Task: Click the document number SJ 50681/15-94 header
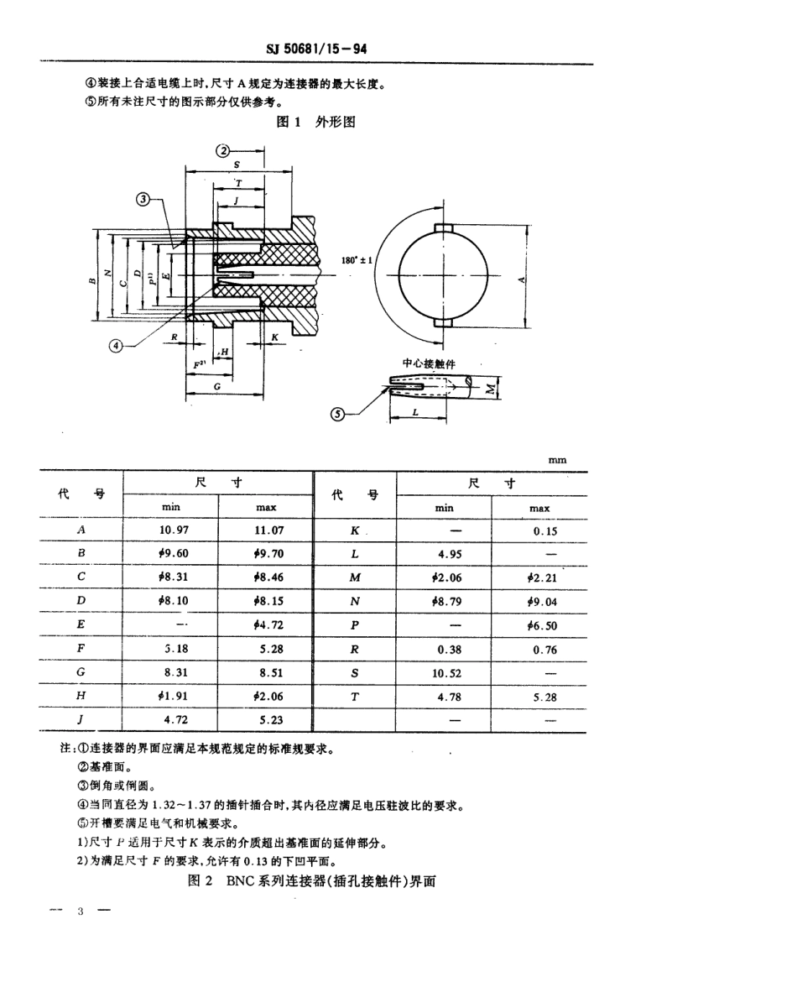pos(317,50)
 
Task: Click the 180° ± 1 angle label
pos(358,261)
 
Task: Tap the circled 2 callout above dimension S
pos(222,151)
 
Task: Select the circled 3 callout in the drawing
pos(144,199)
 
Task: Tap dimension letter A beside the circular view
pos(521,279)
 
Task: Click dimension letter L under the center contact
pos(415,413)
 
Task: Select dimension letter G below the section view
pos(216,387)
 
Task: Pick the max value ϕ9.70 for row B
pos(266,554)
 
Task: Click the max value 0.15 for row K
pos(539,531)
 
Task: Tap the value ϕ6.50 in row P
pos(539,626)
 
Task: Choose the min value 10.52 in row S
pos(444,673)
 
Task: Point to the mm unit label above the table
pos(557,460)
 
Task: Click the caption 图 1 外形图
pos(317,122)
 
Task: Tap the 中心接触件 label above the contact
pos(430,363)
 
